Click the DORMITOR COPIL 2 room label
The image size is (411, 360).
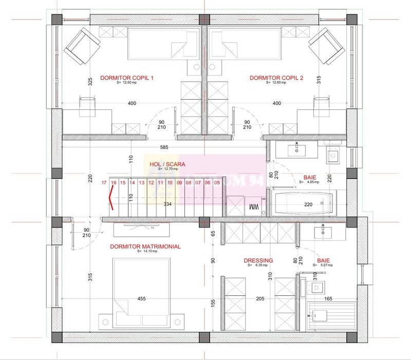pos(276,78)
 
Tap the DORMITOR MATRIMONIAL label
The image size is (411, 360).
pos(145,247)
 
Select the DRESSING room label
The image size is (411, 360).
pos(258,260)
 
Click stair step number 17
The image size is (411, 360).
pos(104,182)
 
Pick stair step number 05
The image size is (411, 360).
pos(217,182)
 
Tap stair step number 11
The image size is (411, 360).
pos(160,182)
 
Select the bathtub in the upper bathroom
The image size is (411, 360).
pos(303,204)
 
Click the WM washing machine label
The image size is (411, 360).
pos(253,207)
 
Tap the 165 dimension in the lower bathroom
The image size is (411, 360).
pos(328,298)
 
